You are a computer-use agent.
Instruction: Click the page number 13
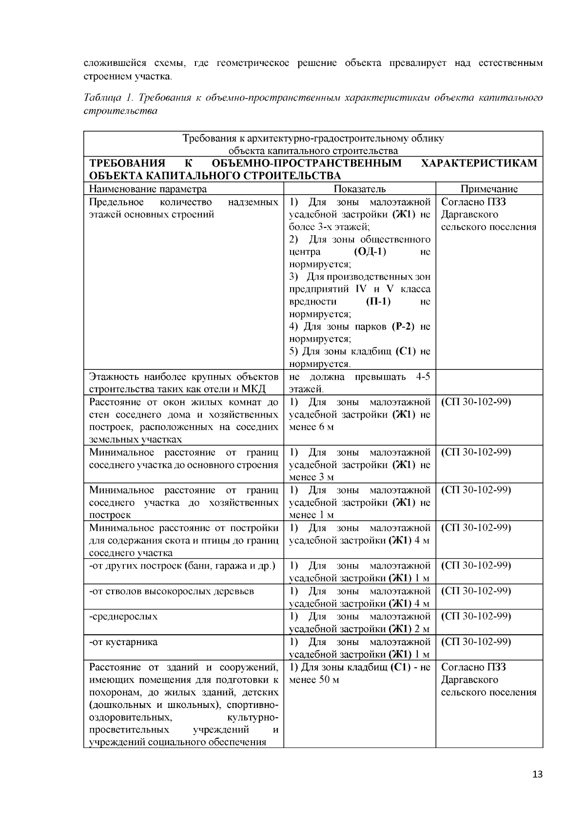pyautogui.click(x=537, y=775)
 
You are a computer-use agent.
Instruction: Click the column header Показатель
pyautogui.click(x=360, y=189)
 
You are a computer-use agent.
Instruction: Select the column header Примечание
pyautogui.click(x=489, y=189)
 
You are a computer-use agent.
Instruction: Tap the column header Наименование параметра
pyautogui.click(x=148, y=189)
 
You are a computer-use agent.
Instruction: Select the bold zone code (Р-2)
pyautogui.click(x=403, y=326)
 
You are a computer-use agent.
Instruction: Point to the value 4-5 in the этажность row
pyautogui.click(x=423, y=377)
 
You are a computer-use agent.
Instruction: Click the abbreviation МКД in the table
pyautogui.click(x=254, y=389)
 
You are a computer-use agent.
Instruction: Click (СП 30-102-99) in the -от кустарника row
pyautogui.click(x=476, y=642)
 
